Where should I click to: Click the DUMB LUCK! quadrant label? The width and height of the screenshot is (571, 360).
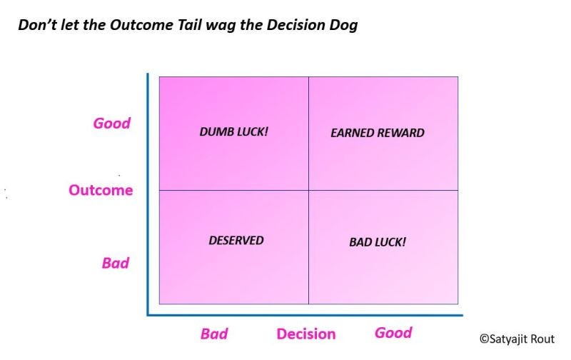234,132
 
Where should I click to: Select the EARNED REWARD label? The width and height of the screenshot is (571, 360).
378,133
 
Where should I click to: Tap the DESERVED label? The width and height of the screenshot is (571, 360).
236,240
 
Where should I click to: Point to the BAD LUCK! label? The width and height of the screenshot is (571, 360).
378,241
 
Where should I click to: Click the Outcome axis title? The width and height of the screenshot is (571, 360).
101,190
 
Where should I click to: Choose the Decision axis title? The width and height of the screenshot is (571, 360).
305,334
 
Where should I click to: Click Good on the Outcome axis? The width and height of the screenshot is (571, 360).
112,123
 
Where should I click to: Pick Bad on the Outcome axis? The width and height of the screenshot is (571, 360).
115,263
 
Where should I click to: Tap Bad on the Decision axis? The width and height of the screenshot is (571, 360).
214,334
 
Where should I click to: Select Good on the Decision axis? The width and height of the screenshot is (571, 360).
393,333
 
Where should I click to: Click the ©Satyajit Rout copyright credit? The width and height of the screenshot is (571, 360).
516,339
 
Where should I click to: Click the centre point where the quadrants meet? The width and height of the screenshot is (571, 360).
308,190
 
